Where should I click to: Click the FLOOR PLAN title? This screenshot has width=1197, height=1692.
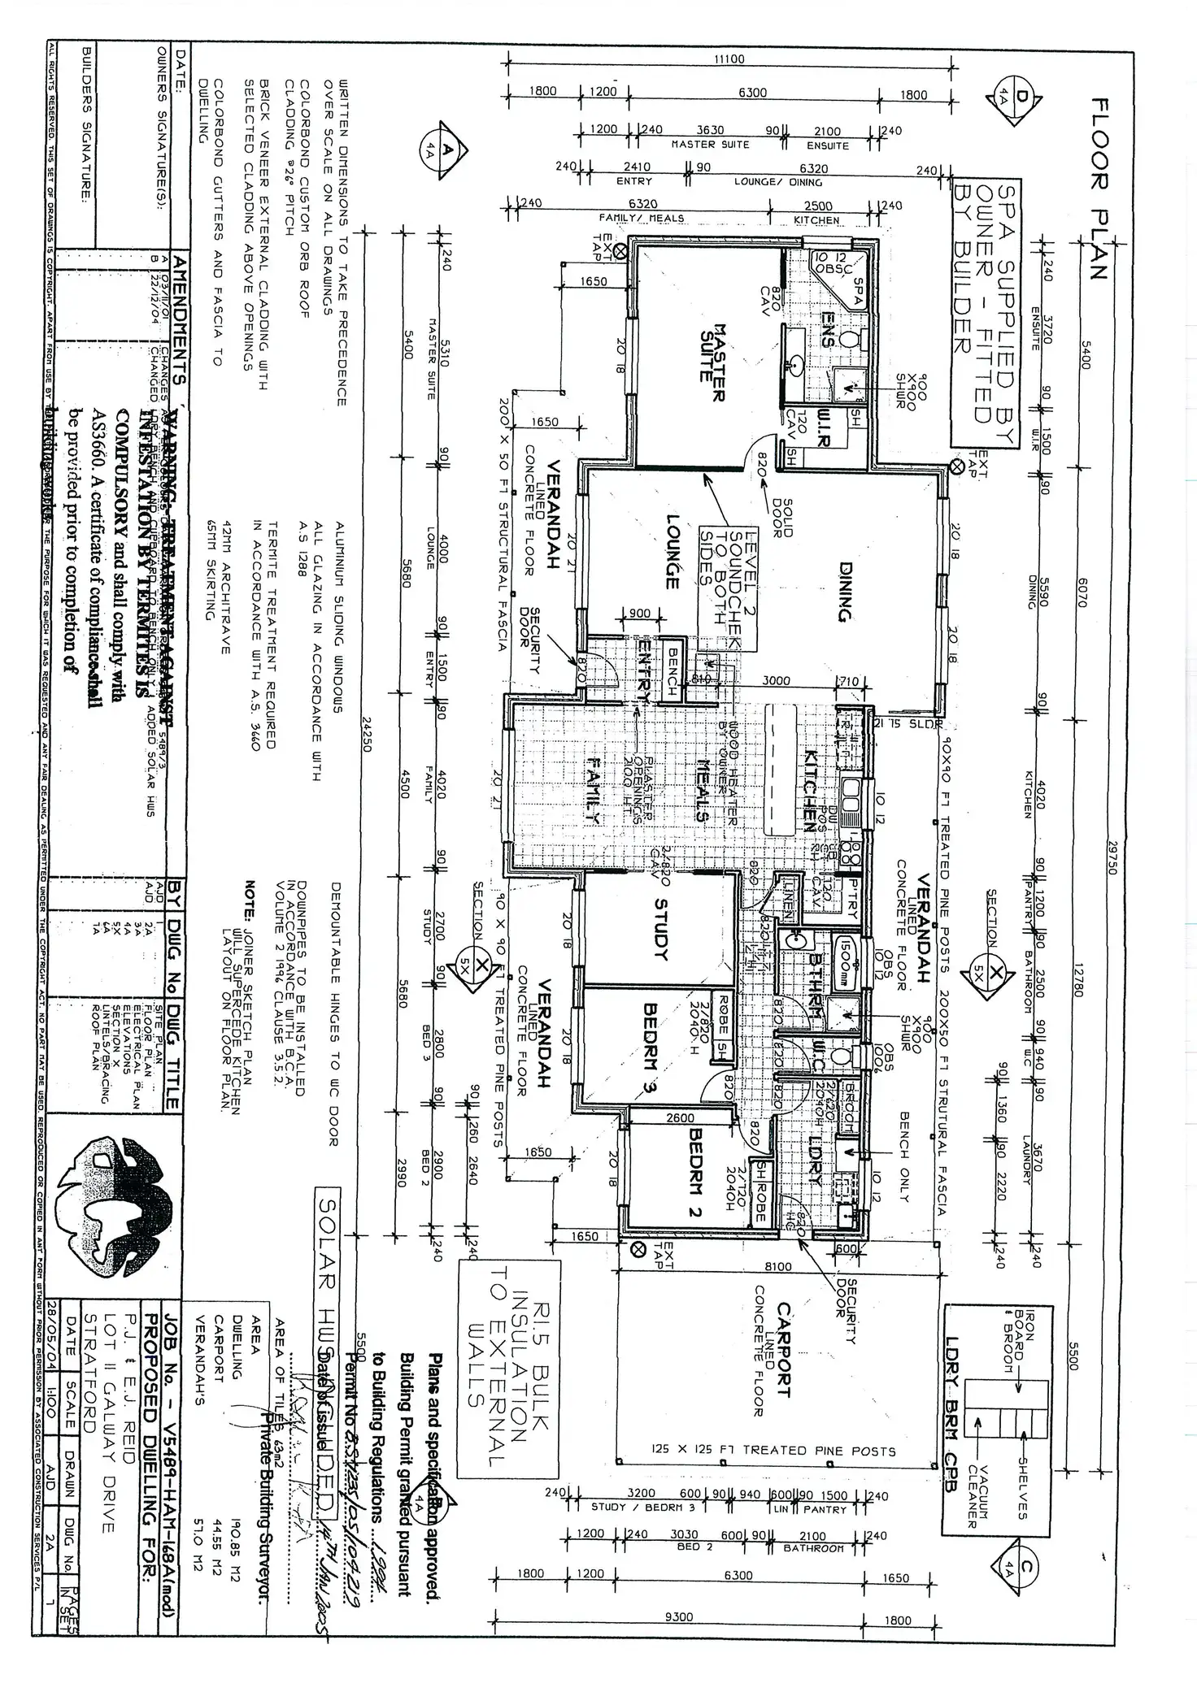1098,189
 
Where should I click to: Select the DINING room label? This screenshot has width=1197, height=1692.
845,592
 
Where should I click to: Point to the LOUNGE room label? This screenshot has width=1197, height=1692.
672,552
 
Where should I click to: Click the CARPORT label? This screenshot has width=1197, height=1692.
783,1361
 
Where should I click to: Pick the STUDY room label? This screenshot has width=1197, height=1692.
660,929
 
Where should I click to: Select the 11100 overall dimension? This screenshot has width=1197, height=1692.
729,59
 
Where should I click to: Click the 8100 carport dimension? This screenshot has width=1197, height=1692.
778,1266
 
